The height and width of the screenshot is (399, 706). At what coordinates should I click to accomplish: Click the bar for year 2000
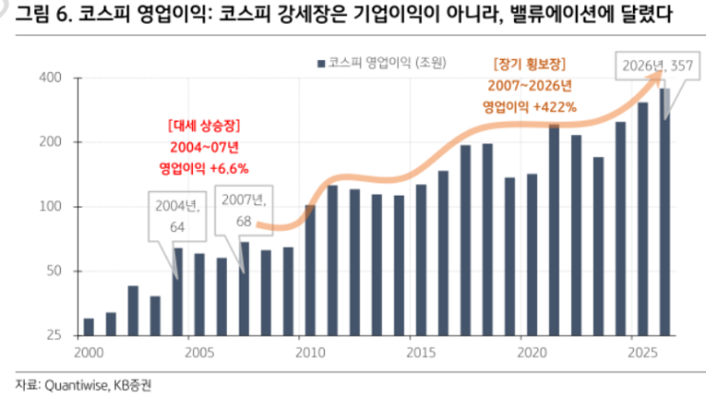coord(88,327)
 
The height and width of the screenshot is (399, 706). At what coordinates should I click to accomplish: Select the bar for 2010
coord(310,270)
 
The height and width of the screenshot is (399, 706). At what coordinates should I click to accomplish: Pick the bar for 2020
coord(532,255)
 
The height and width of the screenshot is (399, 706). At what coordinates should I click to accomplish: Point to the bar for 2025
coord(643,218)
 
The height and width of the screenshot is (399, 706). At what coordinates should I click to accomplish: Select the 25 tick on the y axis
coord(54,335)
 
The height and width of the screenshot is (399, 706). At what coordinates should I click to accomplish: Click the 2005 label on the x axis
coord(199,351)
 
